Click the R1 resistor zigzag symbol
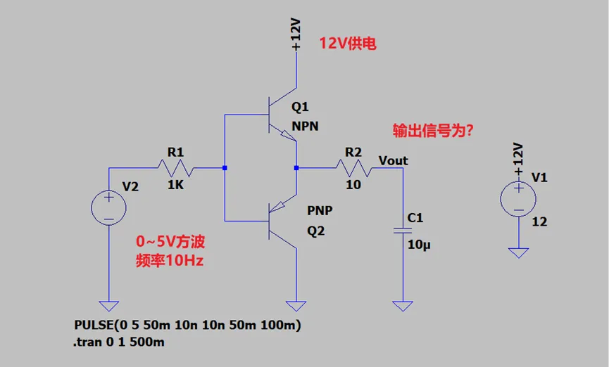[x=175, y=168]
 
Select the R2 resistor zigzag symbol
[x=354, y=168]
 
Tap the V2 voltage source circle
[x=108, y=208]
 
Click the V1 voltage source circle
[x=518, y=199]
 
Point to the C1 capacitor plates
[x=403, y=231]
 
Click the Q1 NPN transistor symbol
[x=282, y=115]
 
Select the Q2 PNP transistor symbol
[x=282, y=221]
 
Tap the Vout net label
[x=393, y=160]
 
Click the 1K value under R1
[x=175, y=185]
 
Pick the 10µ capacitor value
[x=419, y=245]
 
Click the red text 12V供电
[x=348, y=43]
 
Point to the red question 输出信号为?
[x=433, y=131]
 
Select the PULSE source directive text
[x=187, y=325]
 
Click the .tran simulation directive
[x=118, y=342]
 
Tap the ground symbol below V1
[x=518, y=253]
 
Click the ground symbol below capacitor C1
[x=403, y=306]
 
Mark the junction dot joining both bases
[x=225, y=168]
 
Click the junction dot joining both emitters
[x=296, y=168]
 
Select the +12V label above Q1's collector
[x=296, y=34]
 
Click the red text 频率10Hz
[x=170, y=260]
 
